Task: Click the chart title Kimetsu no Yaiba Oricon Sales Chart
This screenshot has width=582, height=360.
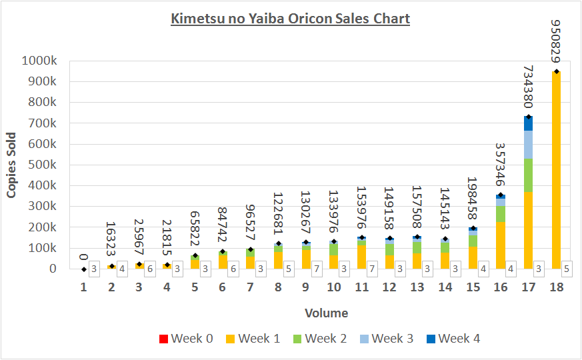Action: tap(290, 18)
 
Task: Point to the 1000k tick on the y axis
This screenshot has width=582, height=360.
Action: tap(44, 61)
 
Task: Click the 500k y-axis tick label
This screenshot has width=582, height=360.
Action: tap(47, 165)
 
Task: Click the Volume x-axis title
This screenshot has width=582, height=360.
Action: tap(326, 313)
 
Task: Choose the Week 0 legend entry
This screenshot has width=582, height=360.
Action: tap(186, 339)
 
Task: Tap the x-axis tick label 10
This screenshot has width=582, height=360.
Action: tap(333, 287)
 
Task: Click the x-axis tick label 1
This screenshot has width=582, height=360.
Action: tap(84, 287)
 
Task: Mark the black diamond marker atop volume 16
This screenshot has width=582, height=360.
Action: tap(500, 195)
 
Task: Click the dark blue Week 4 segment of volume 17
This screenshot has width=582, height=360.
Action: tap(528, 123)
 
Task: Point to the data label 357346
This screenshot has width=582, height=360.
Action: tap(500, 164)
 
